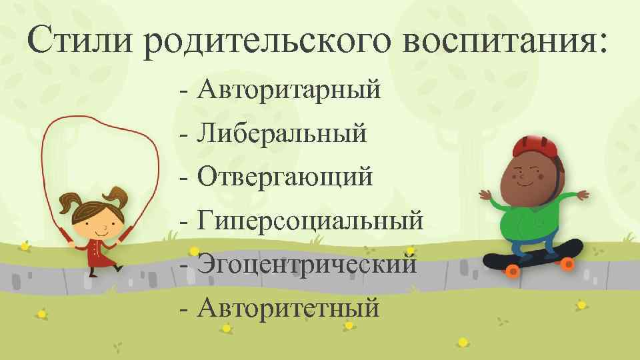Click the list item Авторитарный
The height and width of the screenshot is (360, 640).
(289, 89)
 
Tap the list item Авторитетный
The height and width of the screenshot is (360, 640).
(289, 307)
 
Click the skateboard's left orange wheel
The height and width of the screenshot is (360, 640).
(513, 271)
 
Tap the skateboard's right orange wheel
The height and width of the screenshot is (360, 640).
(567, 264)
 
